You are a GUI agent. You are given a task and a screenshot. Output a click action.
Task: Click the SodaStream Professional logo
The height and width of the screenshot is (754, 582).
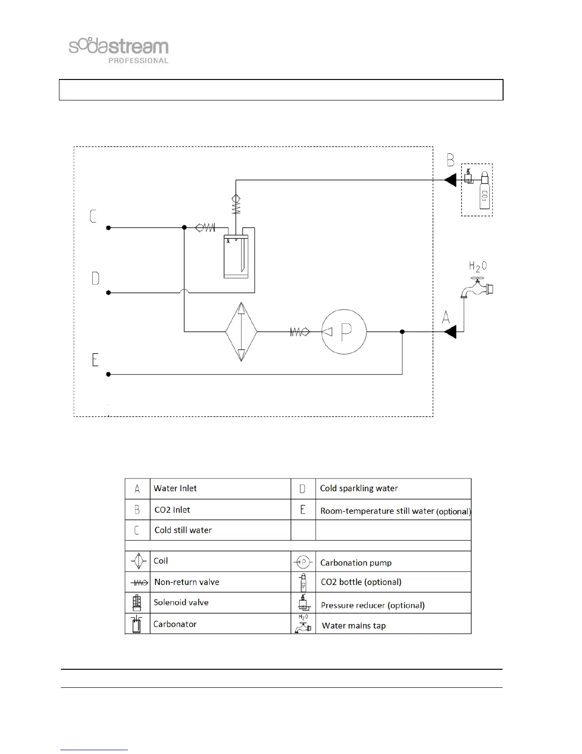click(x=119, y=50)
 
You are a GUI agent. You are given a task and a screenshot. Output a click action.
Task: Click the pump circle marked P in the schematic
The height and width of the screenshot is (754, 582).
click(x=344, y=332)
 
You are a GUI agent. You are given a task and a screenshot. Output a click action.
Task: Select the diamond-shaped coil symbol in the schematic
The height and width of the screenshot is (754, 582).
click(x=241, y=331)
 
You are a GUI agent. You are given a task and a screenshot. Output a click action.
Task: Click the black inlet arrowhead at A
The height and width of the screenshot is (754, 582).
click(x=450, y=331)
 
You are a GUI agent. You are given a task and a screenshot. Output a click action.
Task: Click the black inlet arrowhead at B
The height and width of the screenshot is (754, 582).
click(x=450, y=180)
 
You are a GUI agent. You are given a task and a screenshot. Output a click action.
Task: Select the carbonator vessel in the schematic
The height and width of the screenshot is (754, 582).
click(x=236, y=257)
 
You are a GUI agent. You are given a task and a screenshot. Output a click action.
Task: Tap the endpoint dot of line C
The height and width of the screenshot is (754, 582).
click(x=108, y=228)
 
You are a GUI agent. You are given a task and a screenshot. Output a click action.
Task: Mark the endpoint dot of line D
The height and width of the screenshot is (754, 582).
click(x=108, y=293)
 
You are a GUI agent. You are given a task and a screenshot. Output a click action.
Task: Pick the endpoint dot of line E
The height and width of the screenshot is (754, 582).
click(x=108, y=375)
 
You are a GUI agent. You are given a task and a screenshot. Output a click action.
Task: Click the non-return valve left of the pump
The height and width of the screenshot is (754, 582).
click(x=300, y=332)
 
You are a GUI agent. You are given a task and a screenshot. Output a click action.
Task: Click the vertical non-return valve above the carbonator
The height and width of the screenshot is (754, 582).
click(x=236, y=205)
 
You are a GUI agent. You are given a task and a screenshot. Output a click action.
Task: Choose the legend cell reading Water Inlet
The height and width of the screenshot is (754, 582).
click(x=175, y=488)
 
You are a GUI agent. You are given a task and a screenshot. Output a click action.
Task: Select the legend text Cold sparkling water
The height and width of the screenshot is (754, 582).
click(x=359, y=488)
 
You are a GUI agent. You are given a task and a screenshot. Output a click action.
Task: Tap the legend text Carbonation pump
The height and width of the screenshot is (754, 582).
click(x=356, y=563)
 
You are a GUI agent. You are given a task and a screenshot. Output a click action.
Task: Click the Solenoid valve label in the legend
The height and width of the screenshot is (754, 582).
click(x=181, y=603)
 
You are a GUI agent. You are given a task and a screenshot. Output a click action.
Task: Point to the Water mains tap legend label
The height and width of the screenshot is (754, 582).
click(x=354, y=626)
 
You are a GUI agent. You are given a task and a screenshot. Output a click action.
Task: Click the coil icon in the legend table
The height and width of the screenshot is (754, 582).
click(x=137, y=561)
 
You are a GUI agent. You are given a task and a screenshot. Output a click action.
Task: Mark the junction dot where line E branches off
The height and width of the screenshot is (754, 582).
click(x=402, y=332)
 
